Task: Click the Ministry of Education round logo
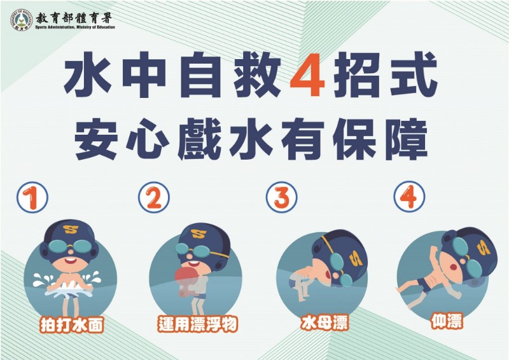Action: click(x=22, y=20)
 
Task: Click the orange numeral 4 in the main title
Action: click(x=307, y=75)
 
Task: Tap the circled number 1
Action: click(x=32, y=197)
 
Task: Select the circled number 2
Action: click(x=153, y=197)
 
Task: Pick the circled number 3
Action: click(x=281, y=197)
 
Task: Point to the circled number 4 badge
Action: click(x=409, y=197)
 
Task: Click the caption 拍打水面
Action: click(x=72, y=324)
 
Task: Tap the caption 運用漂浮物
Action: click(x=198, y=324)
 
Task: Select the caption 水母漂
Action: click(x=324, y=322)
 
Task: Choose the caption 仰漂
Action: click(x=447, y=321)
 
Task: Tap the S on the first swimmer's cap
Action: click(x=71, y=229)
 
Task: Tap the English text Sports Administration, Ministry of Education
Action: click(x=75, y=27)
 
